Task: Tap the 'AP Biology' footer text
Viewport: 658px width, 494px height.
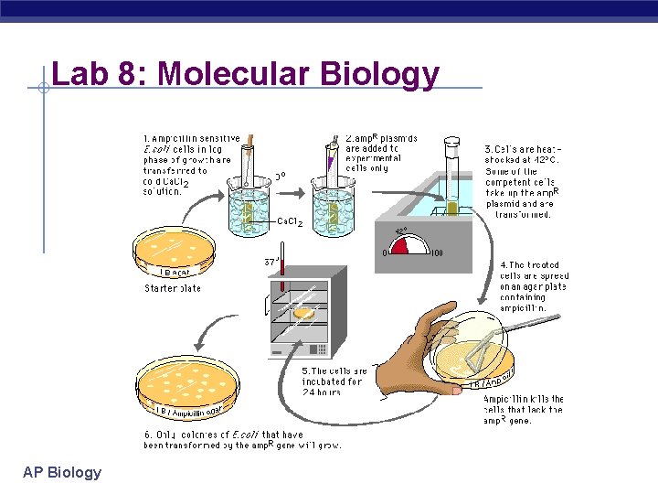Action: tap(62, 472)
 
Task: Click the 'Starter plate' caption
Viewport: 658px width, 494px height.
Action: tap(173, 288)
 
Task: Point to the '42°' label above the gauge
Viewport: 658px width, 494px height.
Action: tap(402, 231)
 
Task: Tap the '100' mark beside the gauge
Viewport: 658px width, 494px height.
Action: tap(436, 253)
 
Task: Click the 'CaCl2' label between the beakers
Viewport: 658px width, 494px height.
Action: tap(289, 222)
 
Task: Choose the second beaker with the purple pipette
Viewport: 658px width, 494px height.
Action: tap(332, 206)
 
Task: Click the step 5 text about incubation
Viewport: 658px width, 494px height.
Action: tap(333, 381)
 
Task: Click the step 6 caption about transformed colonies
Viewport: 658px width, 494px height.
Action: tap(242, 440)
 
